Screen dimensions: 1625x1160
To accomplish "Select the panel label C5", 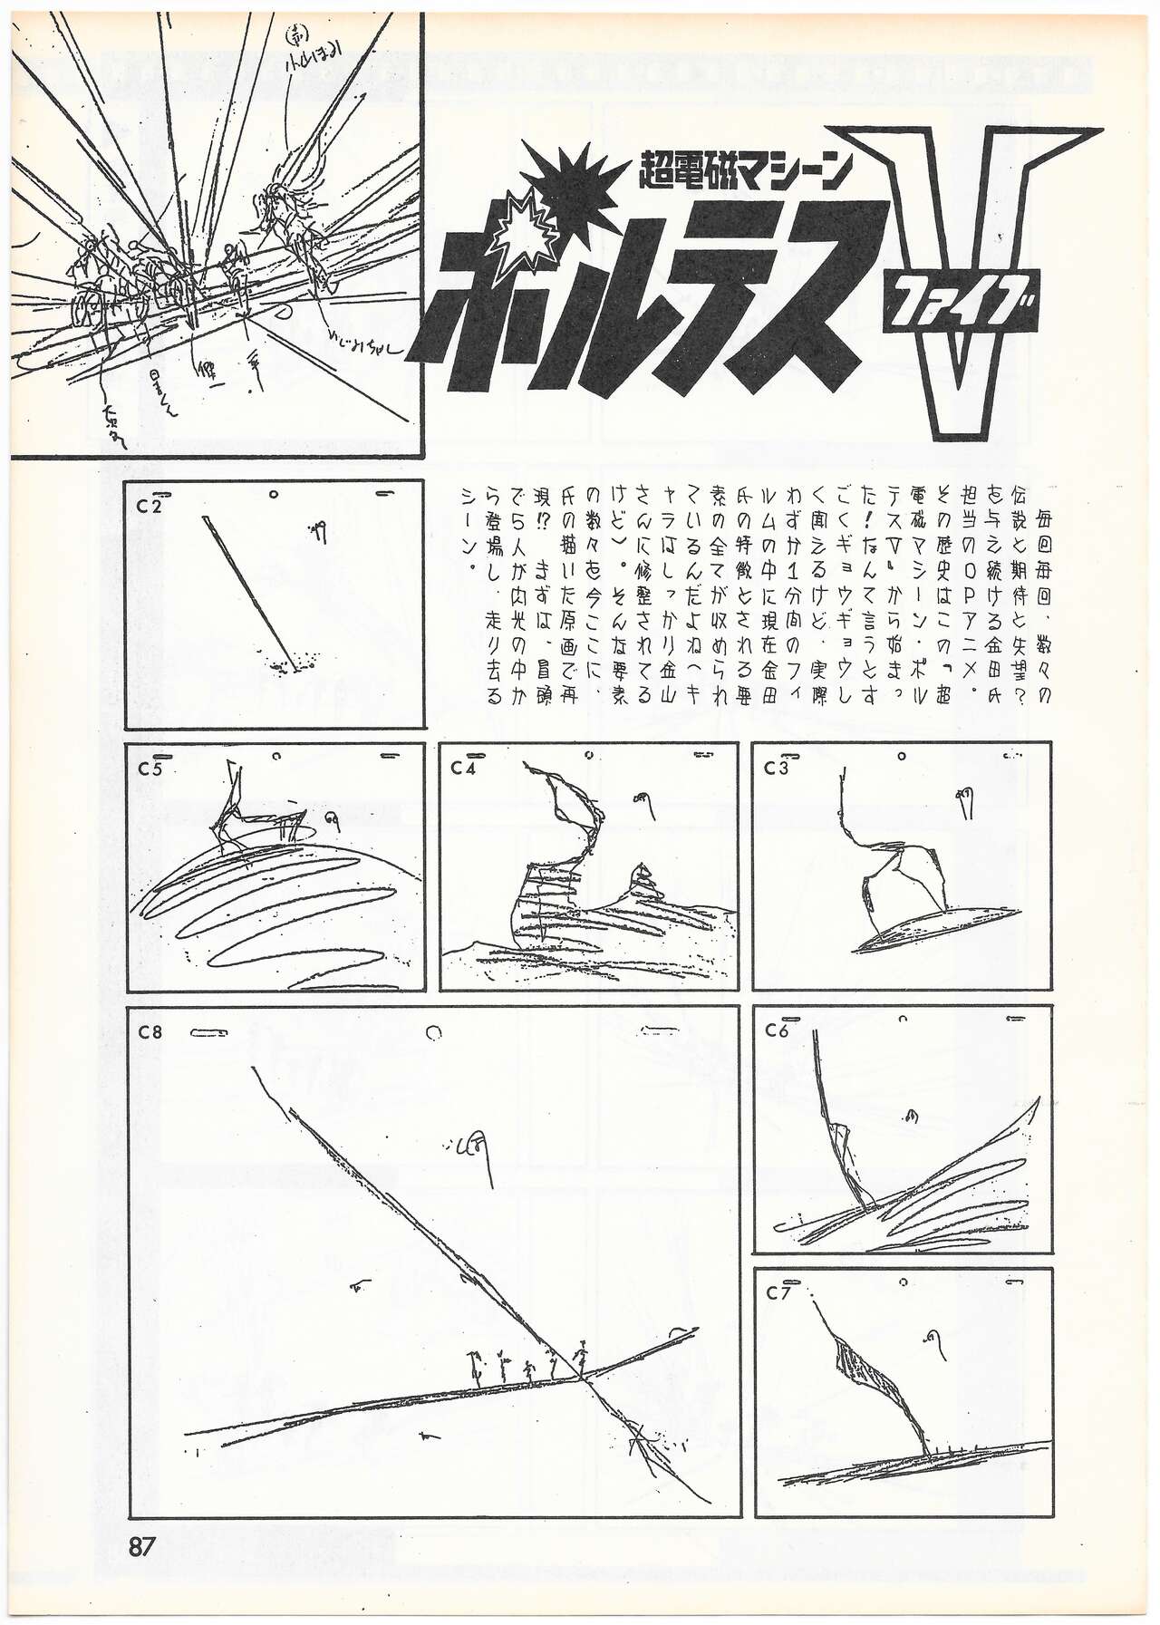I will [150, 769].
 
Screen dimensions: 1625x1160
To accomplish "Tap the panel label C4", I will [463, 769].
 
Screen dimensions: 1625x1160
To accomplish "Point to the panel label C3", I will [777, 769].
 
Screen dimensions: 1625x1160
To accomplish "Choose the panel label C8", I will [150, 1031].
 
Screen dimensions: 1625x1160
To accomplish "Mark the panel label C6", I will [777, 1030].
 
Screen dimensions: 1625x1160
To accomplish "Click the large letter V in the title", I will [988, 272].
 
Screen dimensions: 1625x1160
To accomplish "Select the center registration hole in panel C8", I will [434, 1031].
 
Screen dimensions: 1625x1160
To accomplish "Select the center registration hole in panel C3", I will [902, 755].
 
